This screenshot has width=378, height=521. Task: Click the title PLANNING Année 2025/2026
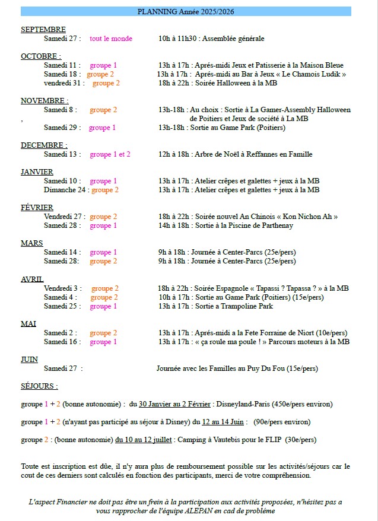[185, 11]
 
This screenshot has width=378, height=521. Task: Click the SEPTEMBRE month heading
[43, 30]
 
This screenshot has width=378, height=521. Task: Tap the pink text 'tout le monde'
[111, 39]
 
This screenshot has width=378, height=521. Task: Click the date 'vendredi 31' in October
[63, 83]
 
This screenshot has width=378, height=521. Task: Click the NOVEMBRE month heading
[44, 101]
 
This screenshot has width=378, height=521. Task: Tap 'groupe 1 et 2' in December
[110, 154]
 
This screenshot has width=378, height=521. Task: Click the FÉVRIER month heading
[37, 208]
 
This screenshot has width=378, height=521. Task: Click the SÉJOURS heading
[39, 386]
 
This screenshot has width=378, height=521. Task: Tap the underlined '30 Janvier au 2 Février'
[174, 404]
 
